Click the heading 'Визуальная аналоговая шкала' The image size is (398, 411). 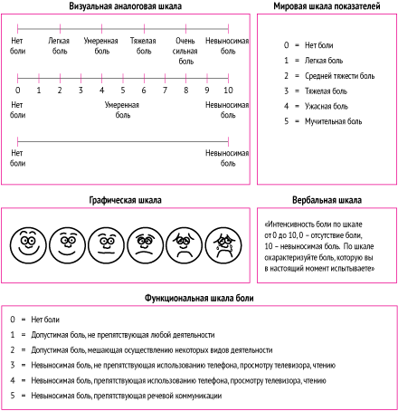[125, 6]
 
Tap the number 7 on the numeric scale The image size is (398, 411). [165, 90]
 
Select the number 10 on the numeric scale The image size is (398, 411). [228, 90]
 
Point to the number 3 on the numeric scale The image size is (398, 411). [81, 90]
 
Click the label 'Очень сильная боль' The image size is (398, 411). [185, 51]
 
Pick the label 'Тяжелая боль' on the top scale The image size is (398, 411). [143, 45]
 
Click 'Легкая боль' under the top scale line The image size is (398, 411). [59, 45]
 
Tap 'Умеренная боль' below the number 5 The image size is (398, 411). [122, 110]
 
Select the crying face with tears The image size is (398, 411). [223, 245]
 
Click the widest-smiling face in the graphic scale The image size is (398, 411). [28, 245]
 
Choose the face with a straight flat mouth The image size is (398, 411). [106, 245]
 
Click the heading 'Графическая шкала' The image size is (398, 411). [125, 200]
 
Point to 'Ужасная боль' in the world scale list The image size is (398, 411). [327, 106]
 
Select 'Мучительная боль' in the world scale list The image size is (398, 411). [333, 121]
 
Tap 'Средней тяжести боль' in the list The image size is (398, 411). [339, 76]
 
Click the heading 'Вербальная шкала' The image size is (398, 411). [327, 200]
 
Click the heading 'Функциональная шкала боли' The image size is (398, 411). [199, 298]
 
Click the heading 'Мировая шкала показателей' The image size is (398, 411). [327, 6]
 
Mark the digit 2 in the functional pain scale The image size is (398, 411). [13, 350]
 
